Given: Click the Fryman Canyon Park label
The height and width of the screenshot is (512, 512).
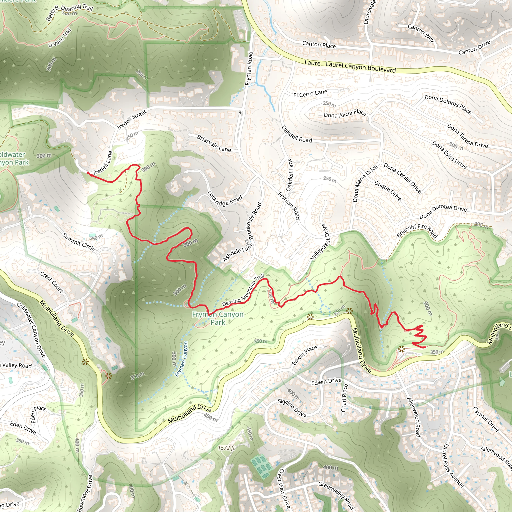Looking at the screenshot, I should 217,318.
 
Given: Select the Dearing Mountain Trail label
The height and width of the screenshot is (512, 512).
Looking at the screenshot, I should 243,291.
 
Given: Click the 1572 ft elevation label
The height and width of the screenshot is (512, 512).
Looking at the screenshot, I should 226,447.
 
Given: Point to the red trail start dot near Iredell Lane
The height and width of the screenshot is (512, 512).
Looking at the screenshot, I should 88,173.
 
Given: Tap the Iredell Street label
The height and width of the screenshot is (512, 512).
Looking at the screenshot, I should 131,119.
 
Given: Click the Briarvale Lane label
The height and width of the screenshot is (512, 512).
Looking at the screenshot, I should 214,143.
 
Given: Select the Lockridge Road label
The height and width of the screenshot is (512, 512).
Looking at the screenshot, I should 225,198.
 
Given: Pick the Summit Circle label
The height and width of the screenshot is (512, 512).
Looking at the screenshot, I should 79,242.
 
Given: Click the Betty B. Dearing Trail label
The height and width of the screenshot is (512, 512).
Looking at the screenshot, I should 69,12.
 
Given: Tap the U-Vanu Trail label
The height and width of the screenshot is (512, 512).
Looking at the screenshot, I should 60,38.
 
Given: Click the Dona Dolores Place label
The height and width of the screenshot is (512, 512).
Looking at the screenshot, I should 448,104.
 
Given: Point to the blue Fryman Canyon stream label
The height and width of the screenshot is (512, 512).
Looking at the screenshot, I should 181,359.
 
